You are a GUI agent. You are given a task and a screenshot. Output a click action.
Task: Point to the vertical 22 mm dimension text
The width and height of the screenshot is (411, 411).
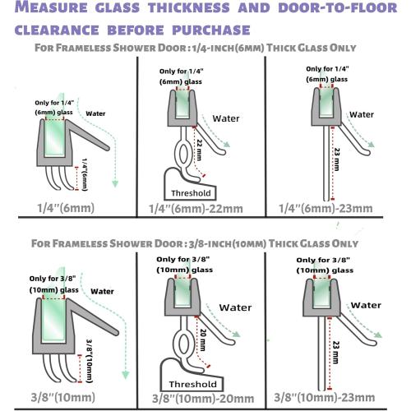pyautogui.click(x=198, y=152)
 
